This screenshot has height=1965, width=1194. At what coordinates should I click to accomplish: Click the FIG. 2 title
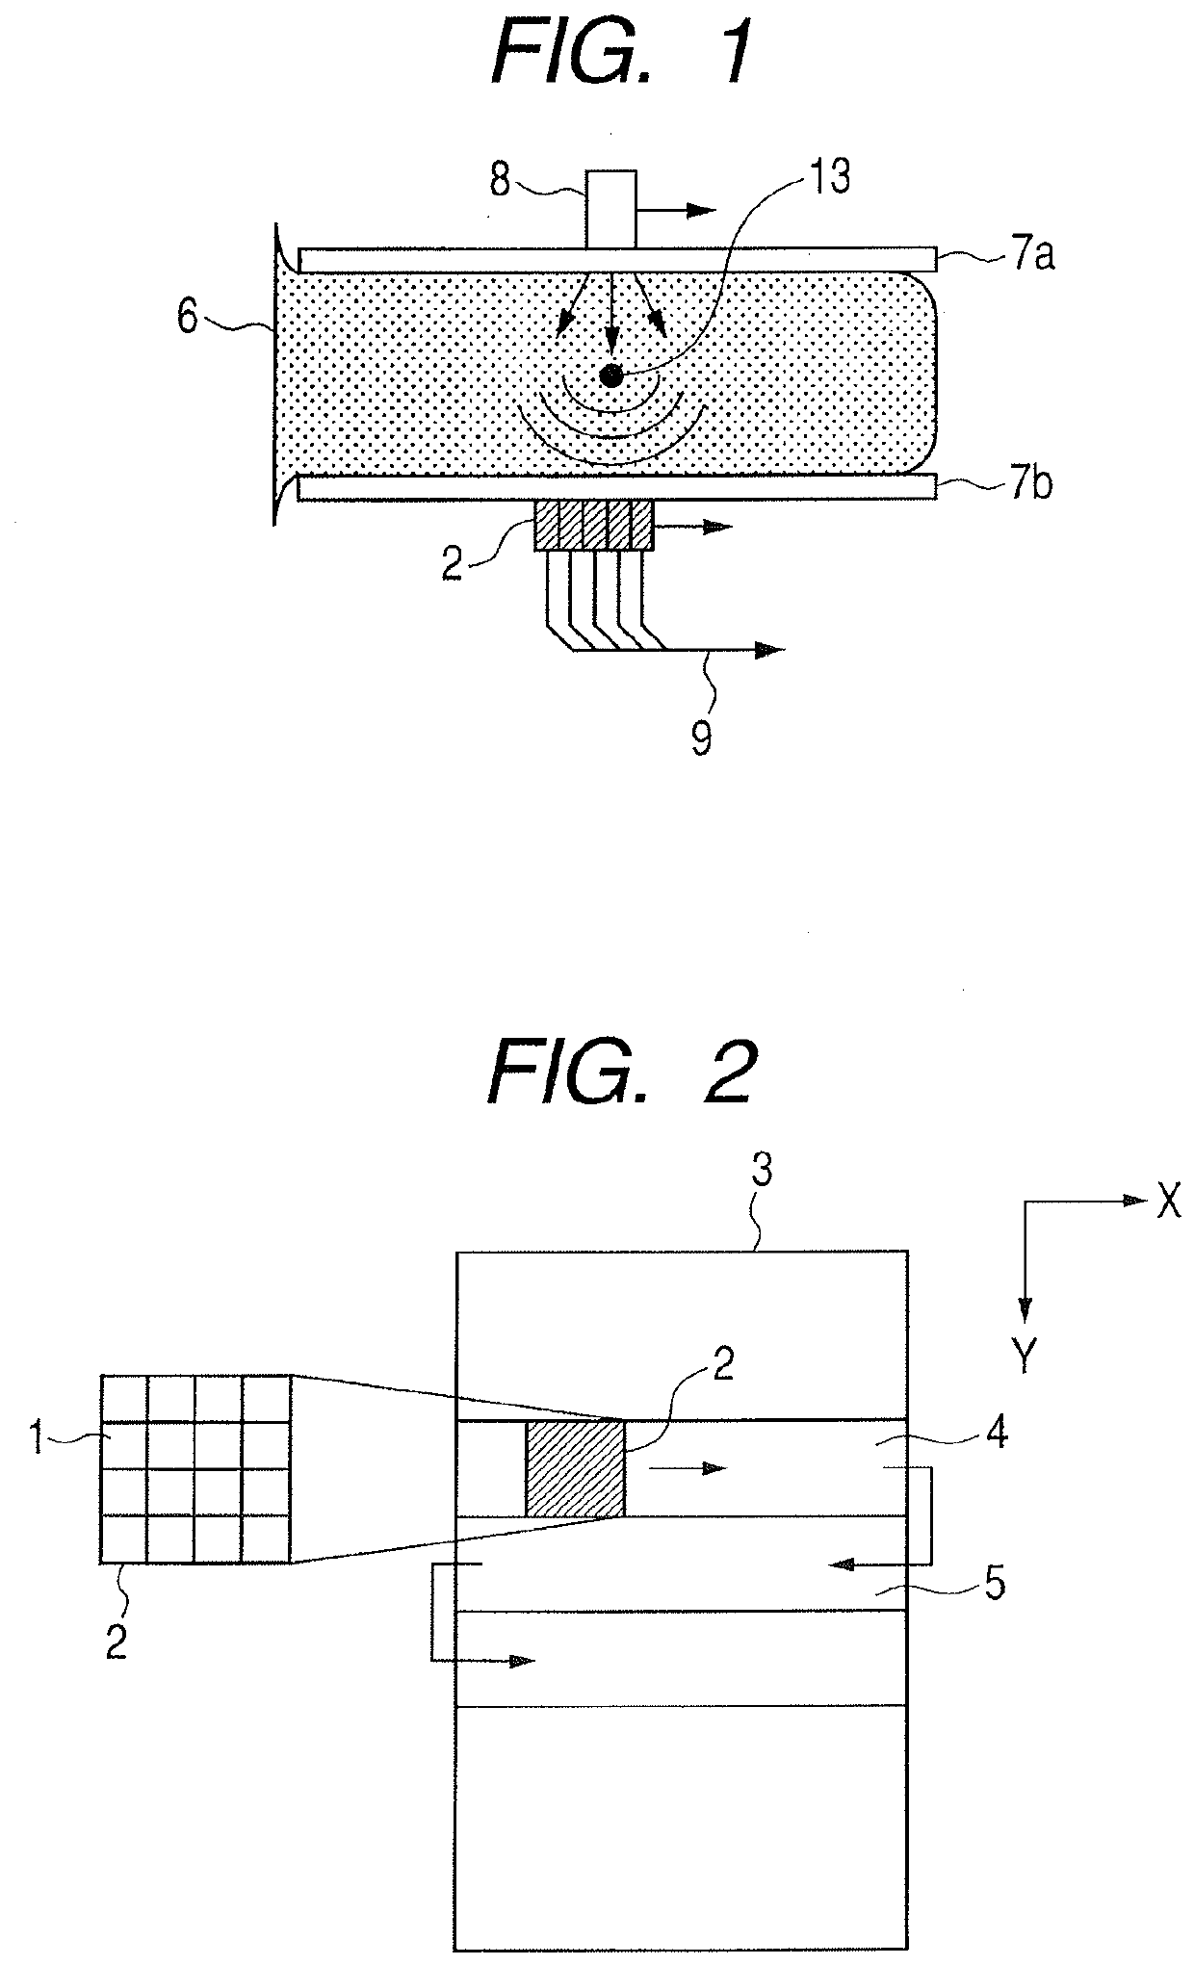(x=621, y=1072)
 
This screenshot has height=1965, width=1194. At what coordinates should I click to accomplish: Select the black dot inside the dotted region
(x=610, y=376)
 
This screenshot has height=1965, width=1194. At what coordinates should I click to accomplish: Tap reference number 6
(x=189, y=317)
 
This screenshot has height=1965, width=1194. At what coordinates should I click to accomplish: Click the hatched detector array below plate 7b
(x=593, y=526)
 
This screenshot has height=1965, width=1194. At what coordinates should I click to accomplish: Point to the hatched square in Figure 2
(x=575, y=1469)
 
